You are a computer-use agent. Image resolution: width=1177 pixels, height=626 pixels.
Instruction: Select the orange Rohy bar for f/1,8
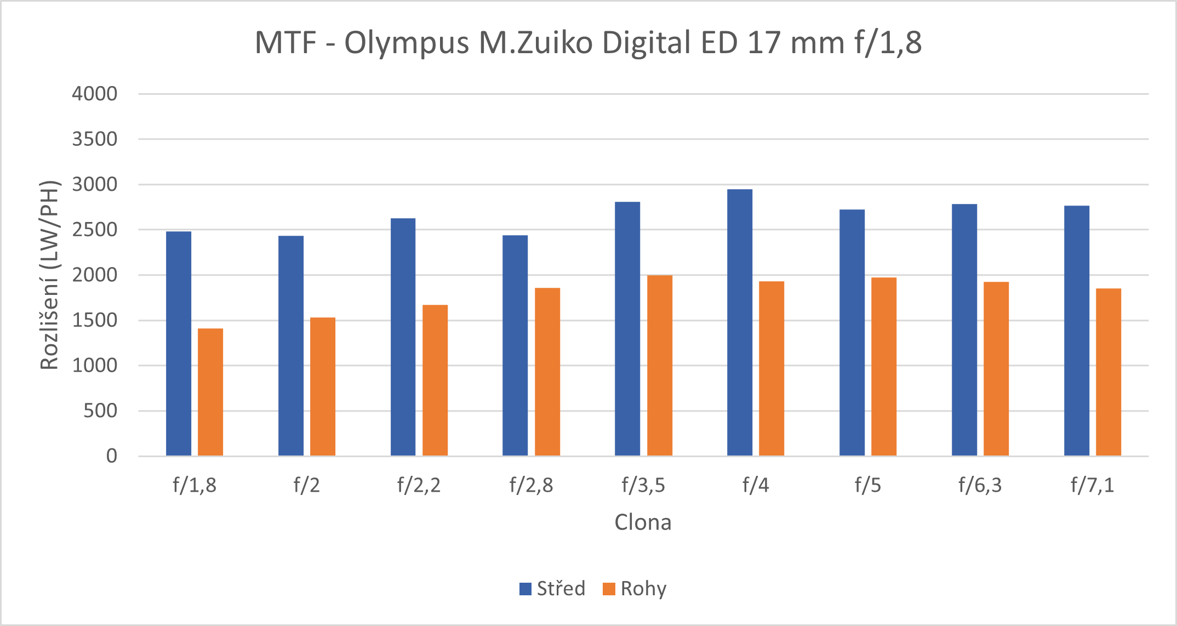pos(210,392)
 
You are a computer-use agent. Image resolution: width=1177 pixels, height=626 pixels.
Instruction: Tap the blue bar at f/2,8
pos(515,345)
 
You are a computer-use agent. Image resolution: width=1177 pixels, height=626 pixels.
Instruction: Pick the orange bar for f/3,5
pos(660,365)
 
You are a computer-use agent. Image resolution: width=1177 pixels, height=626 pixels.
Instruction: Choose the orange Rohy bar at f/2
pos(323,386)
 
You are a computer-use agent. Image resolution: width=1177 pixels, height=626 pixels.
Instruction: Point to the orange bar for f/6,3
pos(996,368)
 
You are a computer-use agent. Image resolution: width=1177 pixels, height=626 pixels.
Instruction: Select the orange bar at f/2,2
pos(435,380)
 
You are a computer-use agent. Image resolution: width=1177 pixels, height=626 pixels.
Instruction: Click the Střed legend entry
pos(553,589)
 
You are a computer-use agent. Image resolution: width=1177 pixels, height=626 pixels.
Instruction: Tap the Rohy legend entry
pos(635,589)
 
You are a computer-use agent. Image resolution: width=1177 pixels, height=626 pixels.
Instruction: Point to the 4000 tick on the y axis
pos(95,94)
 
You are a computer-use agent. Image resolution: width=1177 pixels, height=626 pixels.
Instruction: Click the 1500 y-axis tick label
pos(95,320)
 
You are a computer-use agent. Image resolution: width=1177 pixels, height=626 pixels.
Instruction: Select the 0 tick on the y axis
pos(112,456)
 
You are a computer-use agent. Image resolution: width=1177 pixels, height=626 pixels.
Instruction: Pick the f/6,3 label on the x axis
pos(980,485)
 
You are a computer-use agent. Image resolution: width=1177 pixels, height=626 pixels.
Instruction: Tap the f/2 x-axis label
pos(306,485)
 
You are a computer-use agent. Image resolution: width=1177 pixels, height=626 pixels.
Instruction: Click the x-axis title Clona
pos(643,522)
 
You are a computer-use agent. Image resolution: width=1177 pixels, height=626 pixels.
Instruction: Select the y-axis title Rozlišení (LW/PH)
pos(49,275)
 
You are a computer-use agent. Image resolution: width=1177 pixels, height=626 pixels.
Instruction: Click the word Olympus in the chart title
pos(407,43)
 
